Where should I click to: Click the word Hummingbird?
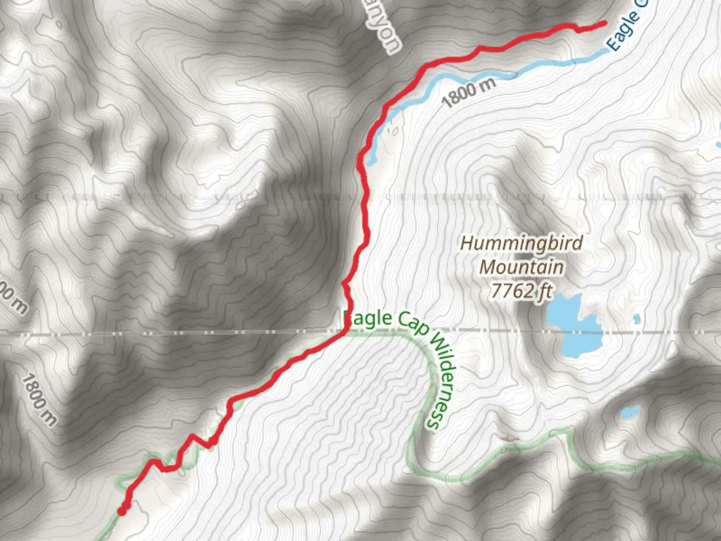click(x=522, y=243)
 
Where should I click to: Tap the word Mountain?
click(x=521, y=266)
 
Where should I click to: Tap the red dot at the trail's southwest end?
click(x=122, y=511)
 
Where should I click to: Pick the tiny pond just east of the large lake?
click(x=636, y=319)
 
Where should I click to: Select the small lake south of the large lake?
click(x=630, y=413)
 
